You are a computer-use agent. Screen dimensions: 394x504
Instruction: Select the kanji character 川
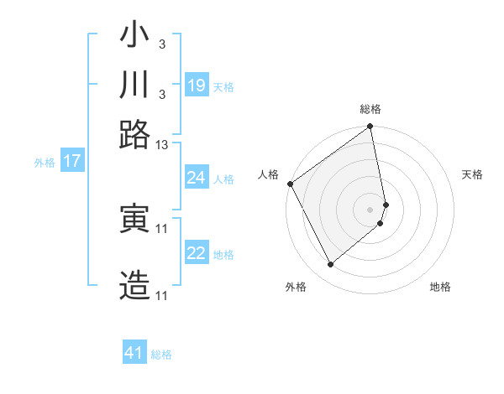[x=134, y=86]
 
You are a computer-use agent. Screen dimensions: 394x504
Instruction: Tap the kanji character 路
[x=134, y=134]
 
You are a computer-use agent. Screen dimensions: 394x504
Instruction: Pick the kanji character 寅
[x=134, y=220]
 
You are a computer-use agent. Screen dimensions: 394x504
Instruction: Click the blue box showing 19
[x=197, y=86]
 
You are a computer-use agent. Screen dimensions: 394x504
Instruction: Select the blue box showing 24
[x=197, y=178]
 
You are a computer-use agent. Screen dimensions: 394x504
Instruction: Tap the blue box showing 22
[x=197, y=253]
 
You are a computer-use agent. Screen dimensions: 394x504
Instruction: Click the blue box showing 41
[x=134, y=353]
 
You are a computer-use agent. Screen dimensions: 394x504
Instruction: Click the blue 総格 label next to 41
[x=161, y=355]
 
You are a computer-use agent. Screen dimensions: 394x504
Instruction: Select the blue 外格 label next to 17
[x=45, y=163]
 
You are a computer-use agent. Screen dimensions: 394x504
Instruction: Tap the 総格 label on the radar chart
[x=370, y=110]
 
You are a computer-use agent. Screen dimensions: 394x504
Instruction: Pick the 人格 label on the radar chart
[x=269, y=174]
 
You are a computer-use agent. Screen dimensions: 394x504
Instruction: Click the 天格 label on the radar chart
[x=472, y=174]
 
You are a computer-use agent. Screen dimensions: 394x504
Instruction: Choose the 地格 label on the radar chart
[x=440, y=288]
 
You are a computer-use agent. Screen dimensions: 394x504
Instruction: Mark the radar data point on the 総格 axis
[x=370, y=128]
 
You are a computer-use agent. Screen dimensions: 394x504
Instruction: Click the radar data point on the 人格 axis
[x=290, y=184]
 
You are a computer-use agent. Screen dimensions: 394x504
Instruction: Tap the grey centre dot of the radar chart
[x=370, y=209]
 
